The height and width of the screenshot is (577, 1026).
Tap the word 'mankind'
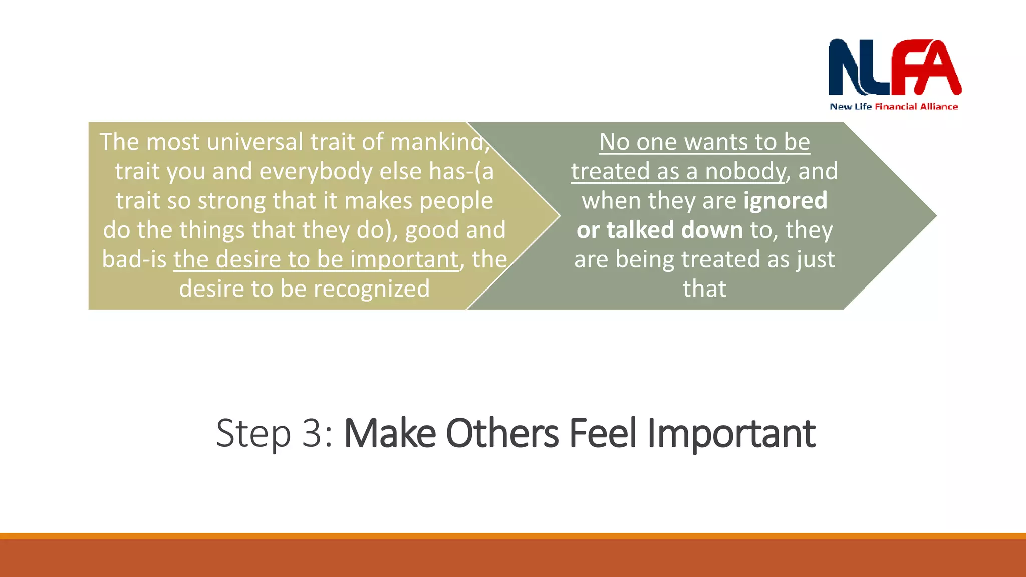pyautogui.click(x=436, y=142)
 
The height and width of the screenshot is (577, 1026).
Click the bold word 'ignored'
pyautogui.click(x=785, y=201)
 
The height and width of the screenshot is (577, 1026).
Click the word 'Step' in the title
pyautogui.click(x=253, y=433)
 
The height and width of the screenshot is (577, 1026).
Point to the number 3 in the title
pyautogui.click(x=313, y=433)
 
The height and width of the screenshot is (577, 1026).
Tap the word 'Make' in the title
pyautogui.click(x=390, y=433)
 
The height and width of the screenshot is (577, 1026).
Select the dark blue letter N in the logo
pyautogui.click(x=847, y=68)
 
